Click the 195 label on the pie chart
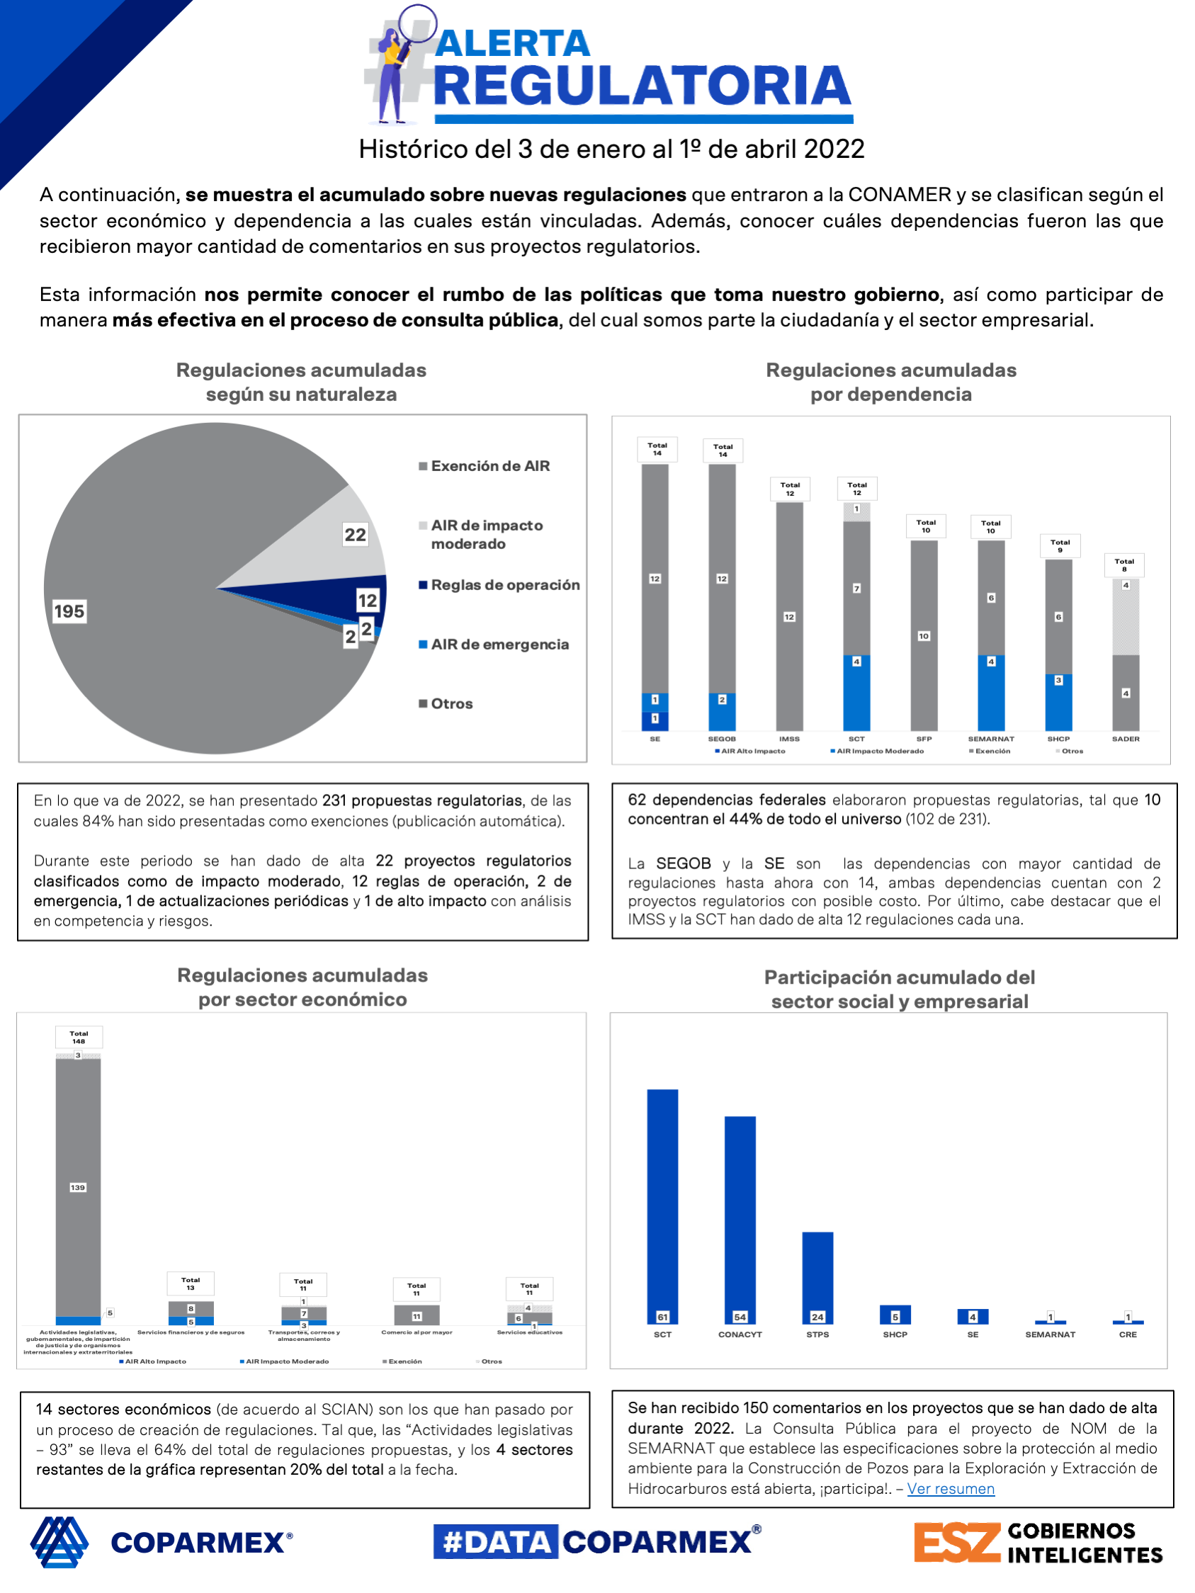(69, 611)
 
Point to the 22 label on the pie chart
(355, 534)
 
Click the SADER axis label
(1125, 739)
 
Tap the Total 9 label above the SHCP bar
(1060, 546)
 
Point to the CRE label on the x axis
(1127, 1334)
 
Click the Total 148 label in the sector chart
(79, 1037)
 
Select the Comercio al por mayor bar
(417, 1315)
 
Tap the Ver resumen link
(950, 1489)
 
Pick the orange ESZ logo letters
(956, 1542)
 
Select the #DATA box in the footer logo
(496, 1542)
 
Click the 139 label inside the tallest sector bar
(78, 1188)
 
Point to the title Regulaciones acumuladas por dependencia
(890, 382)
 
